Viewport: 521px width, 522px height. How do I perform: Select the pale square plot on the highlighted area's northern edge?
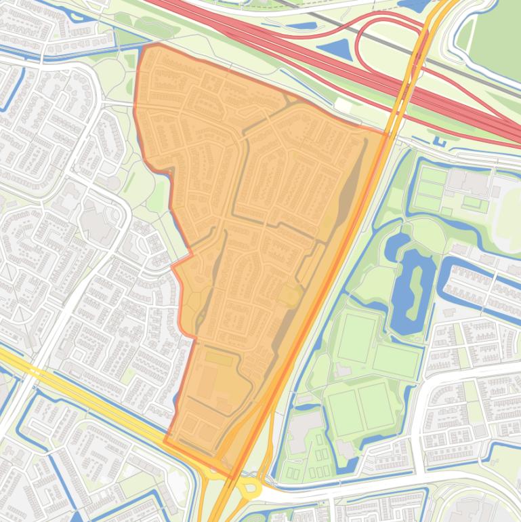click(x=343, y=106)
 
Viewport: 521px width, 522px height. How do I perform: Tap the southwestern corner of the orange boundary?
click(x=165, y=441)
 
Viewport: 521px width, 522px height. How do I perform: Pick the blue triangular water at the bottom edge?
click(x=77, y=517)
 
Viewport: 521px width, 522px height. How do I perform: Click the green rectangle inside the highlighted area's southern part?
click(x=218, y=357)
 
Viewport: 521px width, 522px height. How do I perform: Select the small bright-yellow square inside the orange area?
click(x=291, y=296)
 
